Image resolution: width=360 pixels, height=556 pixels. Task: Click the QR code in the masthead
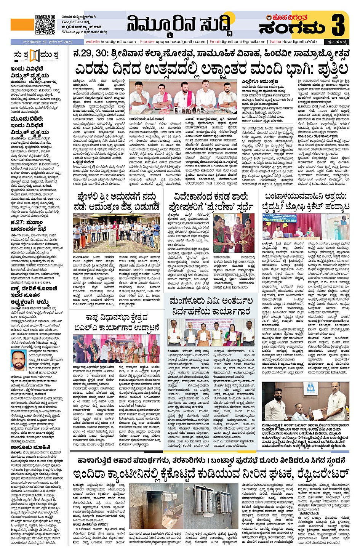pyautogui.click(x=45, y=25)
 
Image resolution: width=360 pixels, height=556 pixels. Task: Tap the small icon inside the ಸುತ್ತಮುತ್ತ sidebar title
pyautogui.click(x=35, y=55)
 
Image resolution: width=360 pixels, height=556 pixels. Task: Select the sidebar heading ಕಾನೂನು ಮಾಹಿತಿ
pyautogui.click(x=30, y=447)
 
